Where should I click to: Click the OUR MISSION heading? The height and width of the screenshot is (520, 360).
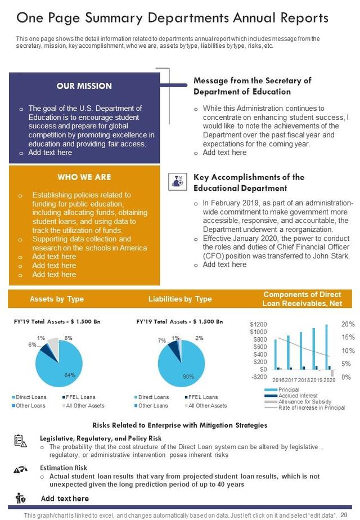84,86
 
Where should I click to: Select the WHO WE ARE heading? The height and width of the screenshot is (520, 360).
84,177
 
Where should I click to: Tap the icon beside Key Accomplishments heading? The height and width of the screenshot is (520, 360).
177,180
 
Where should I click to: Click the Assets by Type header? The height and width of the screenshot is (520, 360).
57,299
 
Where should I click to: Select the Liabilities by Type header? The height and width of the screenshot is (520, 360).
180,299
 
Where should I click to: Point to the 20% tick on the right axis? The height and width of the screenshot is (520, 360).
348,325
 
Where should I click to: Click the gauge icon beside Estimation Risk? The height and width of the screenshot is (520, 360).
20,470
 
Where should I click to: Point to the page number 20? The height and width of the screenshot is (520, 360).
344,514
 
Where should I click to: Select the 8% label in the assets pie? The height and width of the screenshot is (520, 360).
69,338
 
